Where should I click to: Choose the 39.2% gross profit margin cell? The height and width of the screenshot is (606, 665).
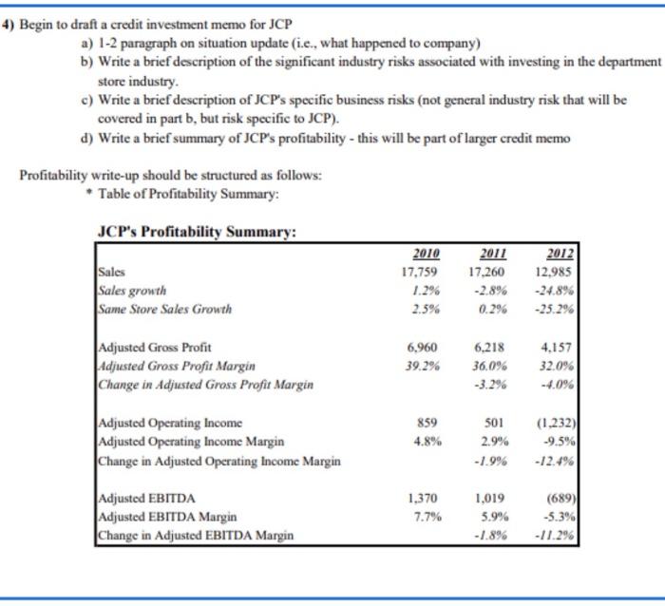coord(425,366)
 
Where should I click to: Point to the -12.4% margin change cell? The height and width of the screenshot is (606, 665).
coord(560,460)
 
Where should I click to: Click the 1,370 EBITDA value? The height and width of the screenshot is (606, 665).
coord(426,498)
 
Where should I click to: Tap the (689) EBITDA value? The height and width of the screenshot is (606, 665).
coord(562,498)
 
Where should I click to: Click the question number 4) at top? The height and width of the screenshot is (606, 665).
coord(9,26)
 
